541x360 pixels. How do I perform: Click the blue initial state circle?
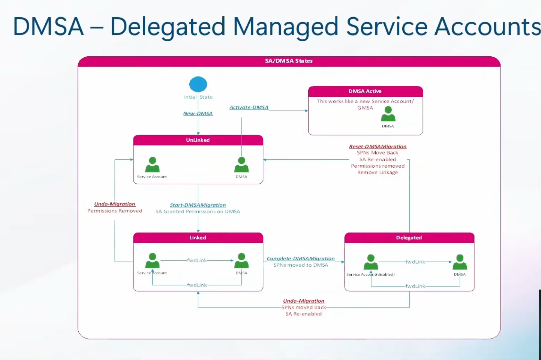(x=198, y=84)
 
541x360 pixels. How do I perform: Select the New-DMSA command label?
(x=198, y=114)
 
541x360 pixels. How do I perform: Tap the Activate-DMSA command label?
(x=249, y=108)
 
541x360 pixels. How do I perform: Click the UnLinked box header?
(x=198, y=140)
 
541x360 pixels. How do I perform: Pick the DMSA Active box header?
(x=365, y=91)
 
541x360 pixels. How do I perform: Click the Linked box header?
(x=198, y=238)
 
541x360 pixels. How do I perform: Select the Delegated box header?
(x=409, y=238)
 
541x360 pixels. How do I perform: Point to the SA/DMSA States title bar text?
(x=289, y=61)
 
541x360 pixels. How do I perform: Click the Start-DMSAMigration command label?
(x=198, y=205)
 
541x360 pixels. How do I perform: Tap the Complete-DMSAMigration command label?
(x=301, y=259)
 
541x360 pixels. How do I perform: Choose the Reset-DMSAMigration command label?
(x=378, y=147)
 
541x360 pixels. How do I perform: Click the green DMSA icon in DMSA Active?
(x=388, y=114)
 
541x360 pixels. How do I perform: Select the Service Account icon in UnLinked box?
(x=152, y=165)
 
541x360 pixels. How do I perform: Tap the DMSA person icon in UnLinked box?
(x=241, y=165)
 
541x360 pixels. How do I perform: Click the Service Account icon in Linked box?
(x=152, y=261)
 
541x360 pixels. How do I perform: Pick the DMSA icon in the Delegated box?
(x=460, y=262)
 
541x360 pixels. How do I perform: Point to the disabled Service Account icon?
(x=371, y=262)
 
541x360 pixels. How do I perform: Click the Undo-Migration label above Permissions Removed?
(x=115, y=204)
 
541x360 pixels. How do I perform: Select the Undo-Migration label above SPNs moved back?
(x=304, y=301)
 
